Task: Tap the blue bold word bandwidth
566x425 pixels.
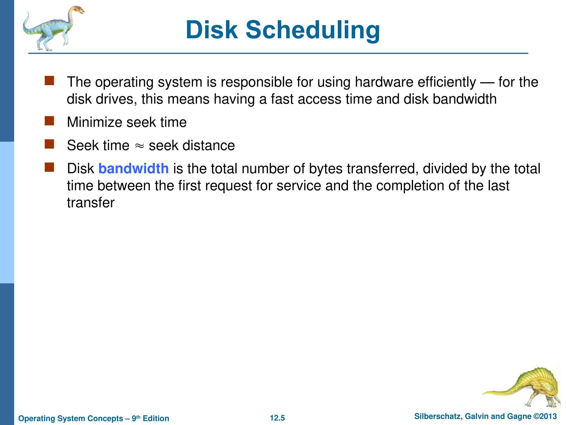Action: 133,169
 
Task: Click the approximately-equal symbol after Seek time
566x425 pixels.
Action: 139,146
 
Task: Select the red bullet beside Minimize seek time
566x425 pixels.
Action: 49,121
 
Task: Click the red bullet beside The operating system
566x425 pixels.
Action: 49,81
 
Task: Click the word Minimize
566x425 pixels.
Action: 95,122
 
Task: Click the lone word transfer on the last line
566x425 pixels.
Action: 91,203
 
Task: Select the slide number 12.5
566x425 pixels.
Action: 277,418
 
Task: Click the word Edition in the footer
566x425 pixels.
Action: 156,418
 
